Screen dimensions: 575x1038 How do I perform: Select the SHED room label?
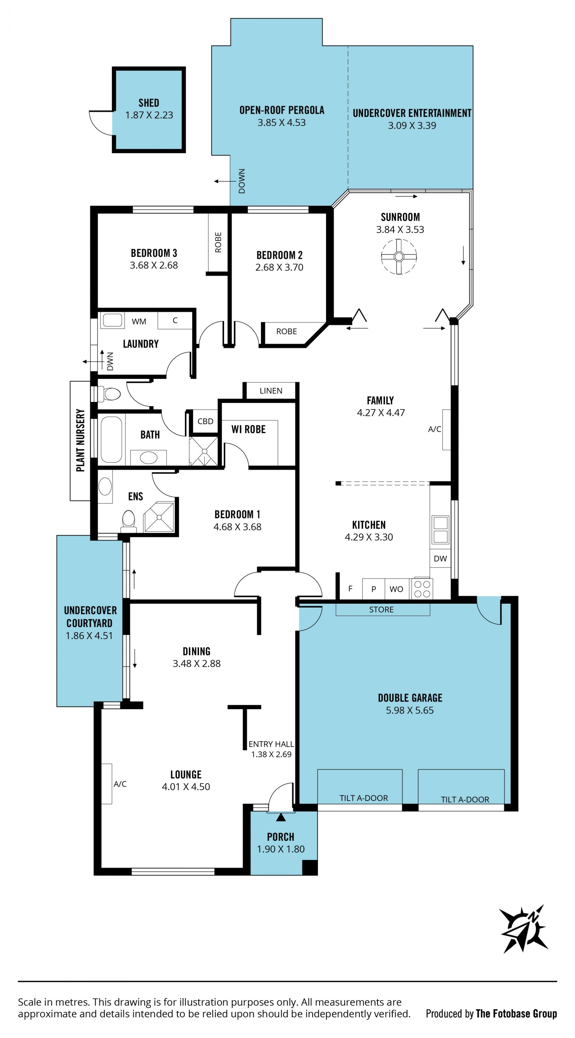[x=149, y=103]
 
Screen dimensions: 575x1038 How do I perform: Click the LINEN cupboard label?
[x=271, y=391]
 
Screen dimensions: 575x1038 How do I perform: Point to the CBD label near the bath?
[x=205, y=421]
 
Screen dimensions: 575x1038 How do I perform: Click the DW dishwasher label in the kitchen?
[x=440, y=559]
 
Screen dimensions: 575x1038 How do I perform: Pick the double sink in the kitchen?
[x=440, y=529]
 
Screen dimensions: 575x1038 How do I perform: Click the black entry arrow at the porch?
[x=281, y=817]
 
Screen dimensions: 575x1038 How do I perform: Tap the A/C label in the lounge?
[x=120, y=784]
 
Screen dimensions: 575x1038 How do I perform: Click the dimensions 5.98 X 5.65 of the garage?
[x=410, y=710]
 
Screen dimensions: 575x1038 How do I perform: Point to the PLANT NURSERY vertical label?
[x=81, y=440]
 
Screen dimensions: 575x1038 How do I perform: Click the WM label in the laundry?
[x=139, y=321]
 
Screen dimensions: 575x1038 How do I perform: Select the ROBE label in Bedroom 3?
[x=218, y=242]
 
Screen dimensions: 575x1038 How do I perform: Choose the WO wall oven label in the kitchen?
[x=397, y=589]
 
